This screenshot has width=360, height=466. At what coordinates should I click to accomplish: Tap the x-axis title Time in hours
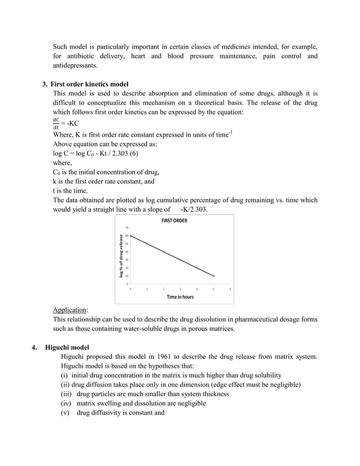(x=180, y=297)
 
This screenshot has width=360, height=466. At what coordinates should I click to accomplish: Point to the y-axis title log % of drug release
(x=121, y=255)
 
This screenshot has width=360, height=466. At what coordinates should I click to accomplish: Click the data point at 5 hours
(x=213, y=276)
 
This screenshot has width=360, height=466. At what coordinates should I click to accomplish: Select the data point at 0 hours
(x=131, y=236)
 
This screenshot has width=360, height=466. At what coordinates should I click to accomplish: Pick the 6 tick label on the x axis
(x=230, y=288)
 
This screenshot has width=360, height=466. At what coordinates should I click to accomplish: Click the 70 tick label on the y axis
(x=126, y=228)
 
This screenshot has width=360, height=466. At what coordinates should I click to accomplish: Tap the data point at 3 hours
(x=181, y=260)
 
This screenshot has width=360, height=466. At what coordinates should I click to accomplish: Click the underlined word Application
(x=70, y=310)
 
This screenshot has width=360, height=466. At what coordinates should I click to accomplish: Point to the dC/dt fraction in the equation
(x=55, y=122)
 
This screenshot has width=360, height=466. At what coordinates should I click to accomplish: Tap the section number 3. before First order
(x=45, y=84)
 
